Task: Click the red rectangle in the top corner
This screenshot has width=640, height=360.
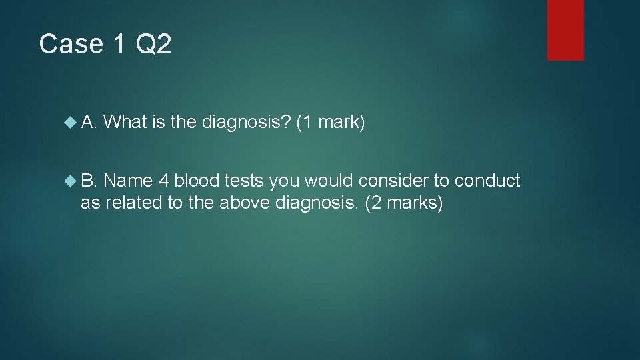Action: point(565,30)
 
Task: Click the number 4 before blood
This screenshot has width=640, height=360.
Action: point(164,181)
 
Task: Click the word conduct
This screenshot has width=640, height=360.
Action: point(488,181)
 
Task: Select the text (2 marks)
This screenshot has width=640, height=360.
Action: point(403,203)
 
